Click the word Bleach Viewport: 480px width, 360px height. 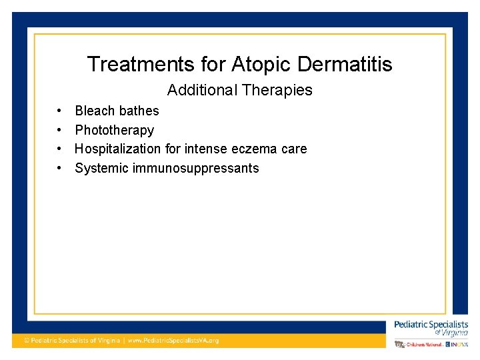click(x=93, y=111)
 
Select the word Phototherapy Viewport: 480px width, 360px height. click(x=114, y=130)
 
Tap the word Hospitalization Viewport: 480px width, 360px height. click(x=118, y=149)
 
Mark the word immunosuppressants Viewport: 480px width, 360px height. click(x=196, y=168)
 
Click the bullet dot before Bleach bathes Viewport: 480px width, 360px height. click(x=59, y=111)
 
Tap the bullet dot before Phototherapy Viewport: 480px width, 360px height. click(x=59, y=130)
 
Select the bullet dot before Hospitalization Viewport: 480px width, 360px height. click(x=59, y=149)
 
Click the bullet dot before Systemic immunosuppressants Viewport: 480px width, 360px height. click(x=59, y=168)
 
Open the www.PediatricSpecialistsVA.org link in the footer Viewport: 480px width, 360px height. click(x=173, y=341)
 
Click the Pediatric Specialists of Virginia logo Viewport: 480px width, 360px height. click(x=431, y=327)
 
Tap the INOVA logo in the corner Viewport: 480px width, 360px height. click(x=459, y=344)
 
